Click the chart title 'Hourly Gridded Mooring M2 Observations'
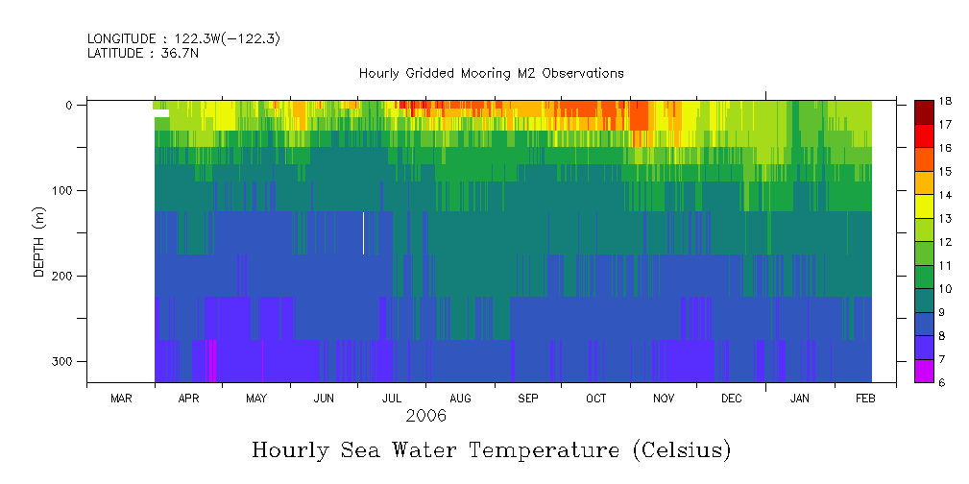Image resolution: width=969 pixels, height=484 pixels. pos(491,73)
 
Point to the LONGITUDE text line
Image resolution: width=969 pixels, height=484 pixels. pos(183,38)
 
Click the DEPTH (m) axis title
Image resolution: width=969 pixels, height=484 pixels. pos(38,241)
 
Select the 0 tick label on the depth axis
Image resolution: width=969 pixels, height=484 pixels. pos(69,105)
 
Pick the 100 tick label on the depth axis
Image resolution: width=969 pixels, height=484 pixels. pos(62,190)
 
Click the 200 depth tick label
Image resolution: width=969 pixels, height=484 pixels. pos(62,276)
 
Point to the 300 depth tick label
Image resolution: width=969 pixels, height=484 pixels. pos(62,361)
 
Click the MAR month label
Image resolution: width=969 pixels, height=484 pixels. pos(121,398)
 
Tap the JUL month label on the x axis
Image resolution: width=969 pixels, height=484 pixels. pos(392,398)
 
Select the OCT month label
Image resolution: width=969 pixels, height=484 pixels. pos(595,398)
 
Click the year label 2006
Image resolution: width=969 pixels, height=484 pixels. pos(426,416)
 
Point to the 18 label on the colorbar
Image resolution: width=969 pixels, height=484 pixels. pos(945,101)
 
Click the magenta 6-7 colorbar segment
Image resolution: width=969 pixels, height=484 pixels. pos(924,370)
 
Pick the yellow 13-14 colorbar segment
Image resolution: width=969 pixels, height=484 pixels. pos(924,206)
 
